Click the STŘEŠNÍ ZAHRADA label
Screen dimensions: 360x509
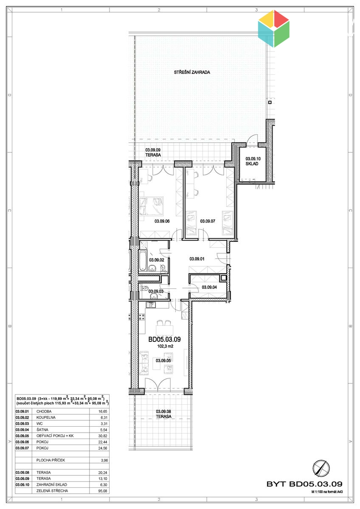[192, 72]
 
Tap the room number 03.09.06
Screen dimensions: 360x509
[162, 221]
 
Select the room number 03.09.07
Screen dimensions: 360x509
[208, 221]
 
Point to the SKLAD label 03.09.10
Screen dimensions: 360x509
[253, 161]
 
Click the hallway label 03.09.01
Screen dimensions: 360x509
[197, 259]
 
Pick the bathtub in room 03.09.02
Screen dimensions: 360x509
[143, 260]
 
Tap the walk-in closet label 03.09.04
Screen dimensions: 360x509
[209, 287]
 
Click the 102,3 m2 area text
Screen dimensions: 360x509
[165, 346]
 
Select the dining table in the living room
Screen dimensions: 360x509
[164, 330]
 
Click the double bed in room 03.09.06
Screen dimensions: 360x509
[152, 206]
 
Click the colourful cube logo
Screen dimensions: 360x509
[274, 28]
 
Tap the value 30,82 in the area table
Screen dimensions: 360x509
[103, 436]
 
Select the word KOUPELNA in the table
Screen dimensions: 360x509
[46, 417]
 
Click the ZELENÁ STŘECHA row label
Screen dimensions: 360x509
[52, 491]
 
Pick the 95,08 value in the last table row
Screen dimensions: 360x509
[103, 491]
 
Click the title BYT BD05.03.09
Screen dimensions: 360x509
[304, 484]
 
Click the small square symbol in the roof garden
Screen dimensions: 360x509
[270, 102]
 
